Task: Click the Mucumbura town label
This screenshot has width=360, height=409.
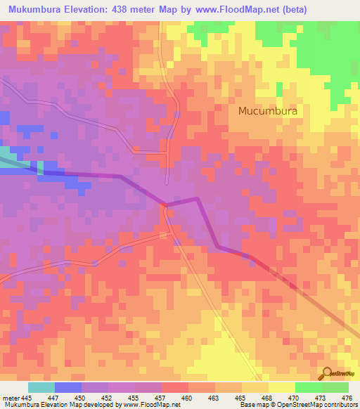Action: [x=268, y=110]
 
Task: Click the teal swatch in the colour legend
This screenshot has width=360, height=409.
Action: [x=41, y=387]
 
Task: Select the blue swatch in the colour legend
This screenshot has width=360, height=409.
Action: [x=68, y=387]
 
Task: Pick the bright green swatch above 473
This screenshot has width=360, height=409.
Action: [x=308, y=387]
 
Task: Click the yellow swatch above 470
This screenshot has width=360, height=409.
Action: [x=281, y=387]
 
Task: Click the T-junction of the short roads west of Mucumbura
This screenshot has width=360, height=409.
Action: [x=167, y=152]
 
